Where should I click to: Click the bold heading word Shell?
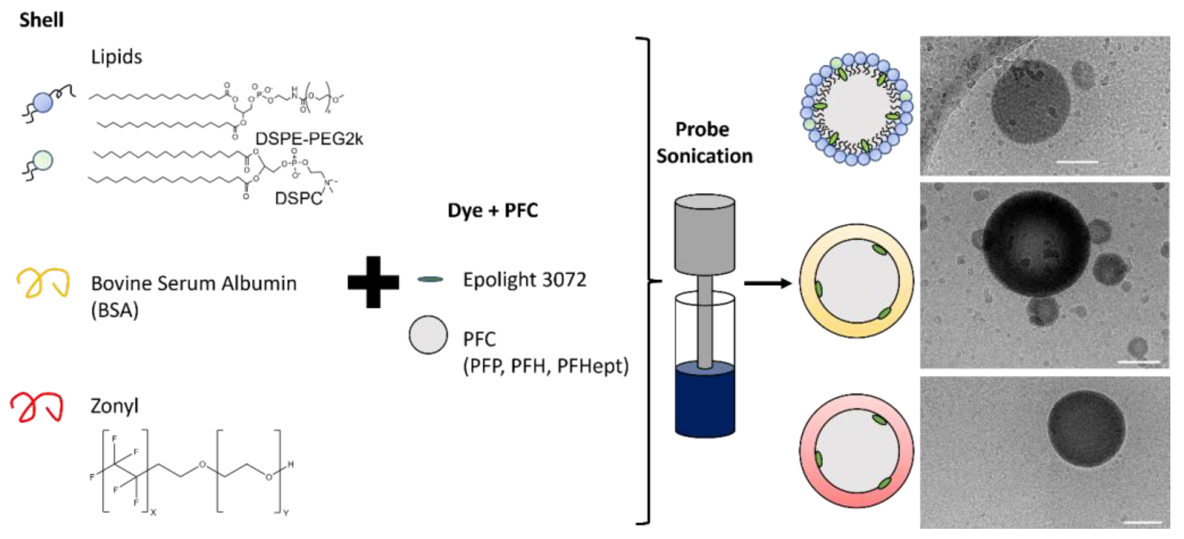[x=41, y=20]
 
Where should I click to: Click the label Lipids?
[x=116, y=57]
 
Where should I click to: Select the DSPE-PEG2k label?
[x=309, y=139]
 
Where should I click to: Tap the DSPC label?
[x=298, y=198]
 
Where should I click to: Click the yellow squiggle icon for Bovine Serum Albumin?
[x=43, y=282]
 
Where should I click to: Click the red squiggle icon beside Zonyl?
[x=37, y=407]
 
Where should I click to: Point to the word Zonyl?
[x=114, y=406]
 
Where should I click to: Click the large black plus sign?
[x=373, y=282]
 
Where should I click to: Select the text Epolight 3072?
[x=525, y=280]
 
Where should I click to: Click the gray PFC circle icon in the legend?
[x=428, y=335]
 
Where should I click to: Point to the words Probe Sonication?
[x=704, y=143]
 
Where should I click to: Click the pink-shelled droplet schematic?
[x=856, y=451]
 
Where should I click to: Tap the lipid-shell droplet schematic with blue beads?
[x=856, y=109]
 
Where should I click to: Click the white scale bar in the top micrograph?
[x=1077, y=162]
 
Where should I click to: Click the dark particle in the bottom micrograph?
[x=1087, y=429]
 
